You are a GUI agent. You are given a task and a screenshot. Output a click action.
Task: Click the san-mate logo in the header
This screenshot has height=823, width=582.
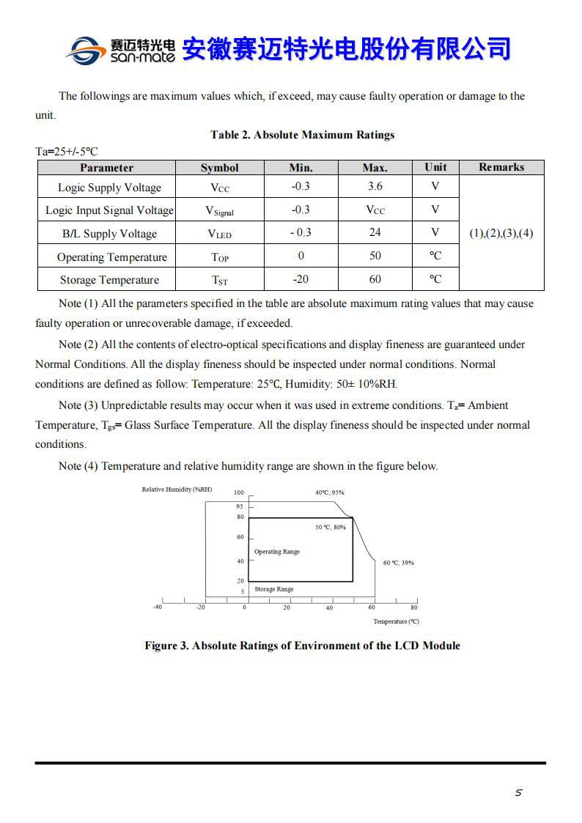pyautogui.click(x=119, y=50)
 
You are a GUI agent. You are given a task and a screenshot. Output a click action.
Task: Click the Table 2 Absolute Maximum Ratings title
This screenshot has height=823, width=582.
pyautogui.click(x=302, y=135)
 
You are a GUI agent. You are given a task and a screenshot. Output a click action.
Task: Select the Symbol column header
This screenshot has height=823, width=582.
pyautogui.click(x=219, y=168)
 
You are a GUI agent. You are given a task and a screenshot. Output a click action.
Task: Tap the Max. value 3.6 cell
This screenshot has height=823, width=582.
pyautogui.click(x=375, y=187)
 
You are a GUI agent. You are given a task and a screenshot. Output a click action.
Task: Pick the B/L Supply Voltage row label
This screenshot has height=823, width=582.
pyautogui.click(x=109, y=234)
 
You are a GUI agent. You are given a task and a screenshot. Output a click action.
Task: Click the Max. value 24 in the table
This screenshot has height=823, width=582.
pyautogui.click(x=375, y=233)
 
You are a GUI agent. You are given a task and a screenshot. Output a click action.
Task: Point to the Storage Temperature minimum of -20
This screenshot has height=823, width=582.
pyautogui.click(x=301, y=279)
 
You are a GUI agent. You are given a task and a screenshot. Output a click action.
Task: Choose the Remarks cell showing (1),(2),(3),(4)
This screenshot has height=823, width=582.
pyautogui.click(x=501, y=233)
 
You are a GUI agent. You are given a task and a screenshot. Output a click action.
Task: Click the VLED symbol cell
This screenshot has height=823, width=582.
pyautogui.click(x=219, y=234)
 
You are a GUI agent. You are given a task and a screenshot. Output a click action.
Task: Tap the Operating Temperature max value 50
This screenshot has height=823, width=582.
pyautogui.click(x=375, y=257)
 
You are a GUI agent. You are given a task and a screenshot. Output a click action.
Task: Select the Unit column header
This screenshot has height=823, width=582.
pyautogui.click(x=435, y=168)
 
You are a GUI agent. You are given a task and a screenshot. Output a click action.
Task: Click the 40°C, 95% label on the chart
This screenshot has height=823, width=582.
pyautogui.click(x=329, y=492)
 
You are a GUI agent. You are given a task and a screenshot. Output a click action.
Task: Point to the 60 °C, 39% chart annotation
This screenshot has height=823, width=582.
pyautogui.click(x=399, y=563)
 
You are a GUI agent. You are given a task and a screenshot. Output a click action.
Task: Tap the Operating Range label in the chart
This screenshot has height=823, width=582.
pyautogui.click(x=277, y=552)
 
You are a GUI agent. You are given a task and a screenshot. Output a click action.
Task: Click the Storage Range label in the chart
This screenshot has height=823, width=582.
pyautogui.click(x=274, y=589)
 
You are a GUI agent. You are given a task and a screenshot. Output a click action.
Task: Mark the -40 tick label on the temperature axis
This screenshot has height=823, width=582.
pyautogui.click(x=157, y=608)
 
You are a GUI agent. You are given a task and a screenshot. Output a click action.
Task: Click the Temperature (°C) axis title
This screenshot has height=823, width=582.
pyautogui.click(x=396, y=621)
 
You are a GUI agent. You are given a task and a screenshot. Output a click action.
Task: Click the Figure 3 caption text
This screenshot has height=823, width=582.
pyautogui.click(x=302, y=646)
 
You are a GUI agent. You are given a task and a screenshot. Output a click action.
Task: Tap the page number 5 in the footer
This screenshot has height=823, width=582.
pyautogui.click(x=518, y=792)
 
